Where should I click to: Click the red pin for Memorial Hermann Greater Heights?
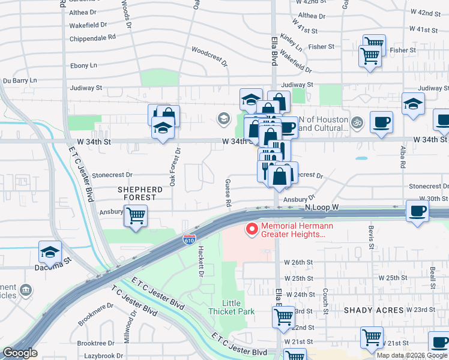click(252, 229)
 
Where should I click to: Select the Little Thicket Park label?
click(231, 307)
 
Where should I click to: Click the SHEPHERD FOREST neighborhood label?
click(139, 193)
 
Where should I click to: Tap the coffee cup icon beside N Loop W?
click(417, 211)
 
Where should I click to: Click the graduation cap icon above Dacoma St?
click(50, 251)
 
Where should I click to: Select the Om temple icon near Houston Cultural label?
click(357, 121)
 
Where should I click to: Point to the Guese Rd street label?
click(228, 193)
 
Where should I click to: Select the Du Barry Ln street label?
click(20, 80)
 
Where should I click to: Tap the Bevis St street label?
click(372, 238)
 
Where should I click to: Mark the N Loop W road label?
click(322, 206)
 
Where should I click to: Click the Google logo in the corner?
click(20, 353)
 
